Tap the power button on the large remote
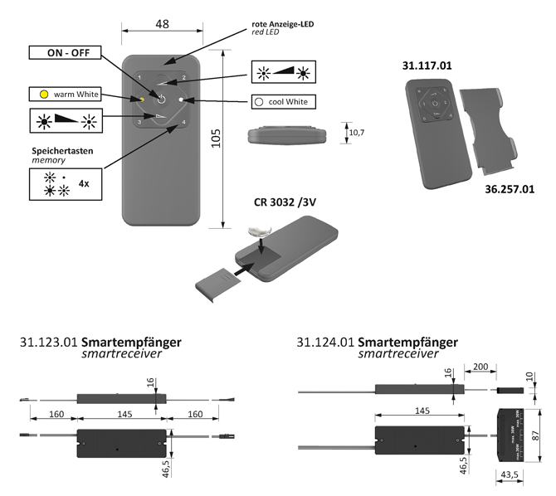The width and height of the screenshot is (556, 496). coord(162,100)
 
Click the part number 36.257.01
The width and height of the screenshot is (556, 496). coord(509,189)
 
